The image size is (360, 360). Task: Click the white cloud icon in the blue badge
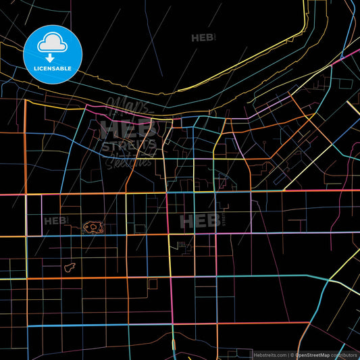(x=53, y=43)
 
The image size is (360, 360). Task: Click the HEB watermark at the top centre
(x=202, y=38)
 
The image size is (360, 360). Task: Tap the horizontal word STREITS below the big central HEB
(x=128, y=145)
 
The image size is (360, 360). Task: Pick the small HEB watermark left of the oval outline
(x=55, y=220)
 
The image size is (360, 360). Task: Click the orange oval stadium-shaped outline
(x=93, y=228)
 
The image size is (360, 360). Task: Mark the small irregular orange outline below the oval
(x=69, y=268)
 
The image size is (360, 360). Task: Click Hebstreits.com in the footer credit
(x=269, y=354)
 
